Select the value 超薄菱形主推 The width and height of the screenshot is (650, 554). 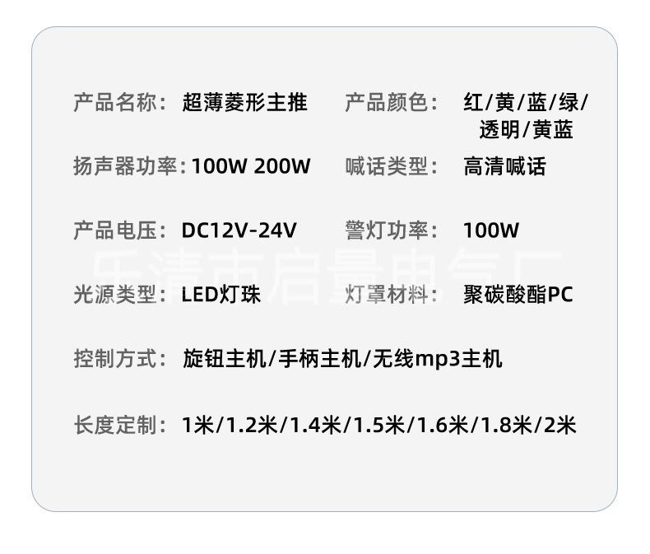[245, 103]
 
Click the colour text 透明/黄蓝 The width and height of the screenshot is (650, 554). [527, 130]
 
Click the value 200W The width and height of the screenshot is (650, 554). [282, 167]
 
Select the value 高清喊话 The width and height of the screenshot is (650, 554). [504, 167]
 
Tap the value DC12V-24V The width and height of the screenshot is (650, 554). [239, 230]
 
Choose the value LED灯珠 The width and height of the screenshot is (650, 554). [221, 295]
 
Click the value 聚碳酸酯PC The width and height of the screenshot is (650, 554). [518, 295]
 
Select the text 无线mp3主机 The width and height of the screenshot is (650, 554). [438, 359]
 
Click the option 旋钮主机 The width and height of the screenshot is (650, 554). [224, 359]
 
